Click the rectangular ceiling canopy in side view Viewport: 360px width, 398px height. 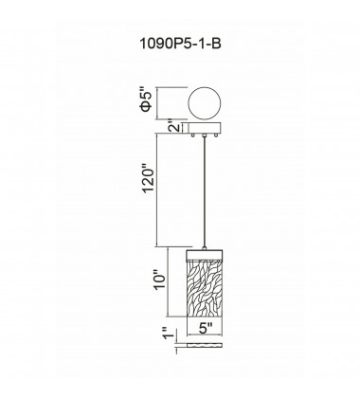point(207,128)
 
